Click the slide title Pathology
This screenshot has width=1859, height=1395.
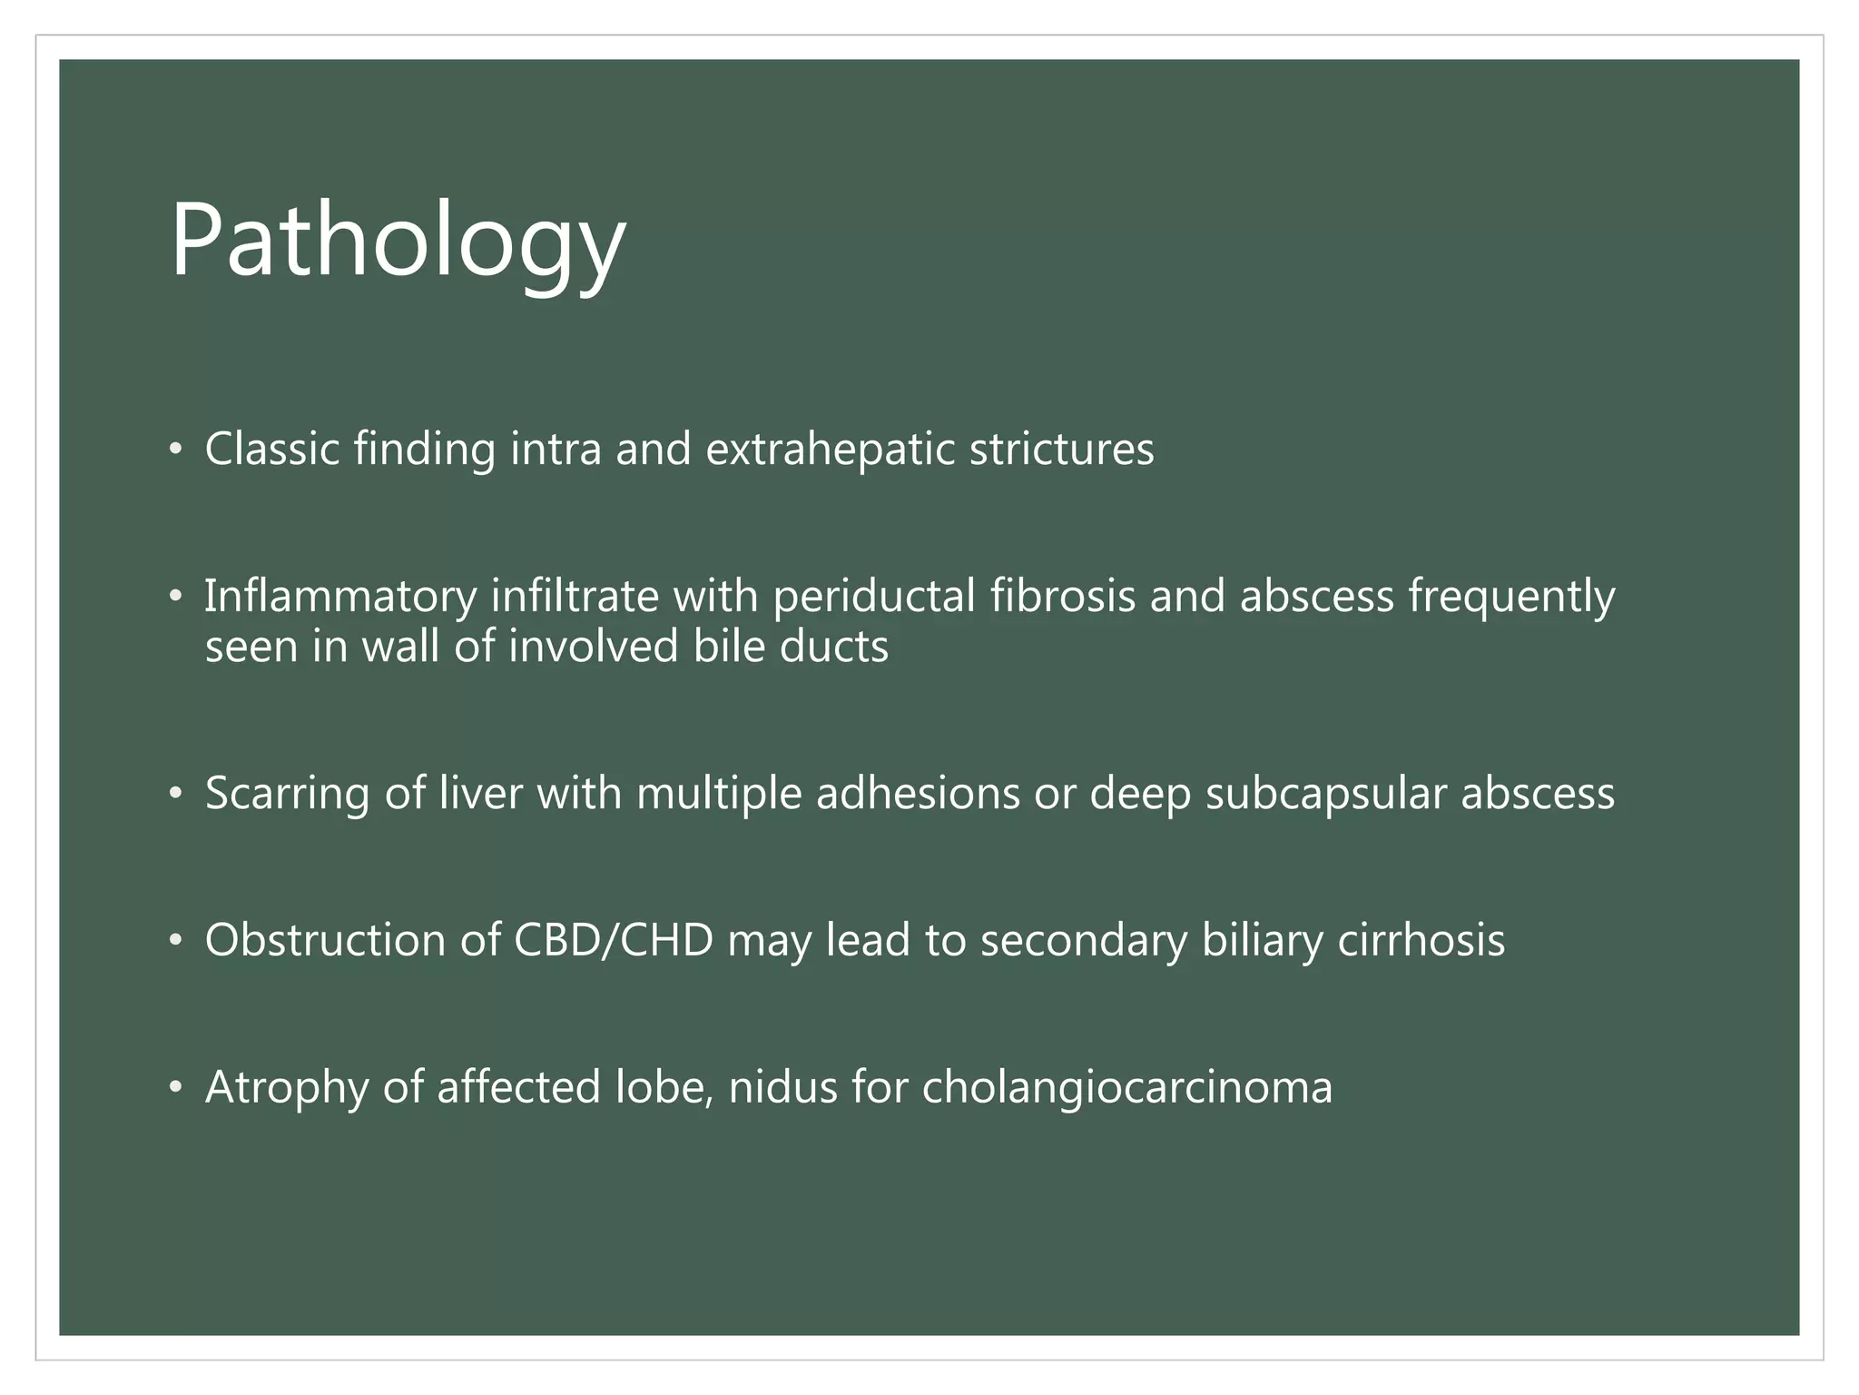(x=398, y=241)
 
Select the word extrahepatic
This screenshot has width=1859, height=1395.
(x=830, y=449)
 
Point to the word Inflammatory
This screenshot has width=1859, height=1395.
(x=340, y=598)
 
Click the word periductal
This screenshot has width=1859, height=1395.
(x=873, y=598)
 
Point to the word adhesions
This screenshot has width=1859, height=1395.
(x=918, y=793)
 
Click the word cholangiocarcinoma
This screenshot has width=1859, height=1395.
(x=1127, y=1087)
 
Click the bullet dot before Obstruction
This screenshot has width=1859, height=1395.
(x=175, y=941)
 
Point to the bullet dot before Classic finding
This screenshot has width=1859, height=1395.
(x=175, y=450)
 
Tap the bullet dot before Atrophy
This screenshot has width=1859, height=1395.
(x=175, y=1088)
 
